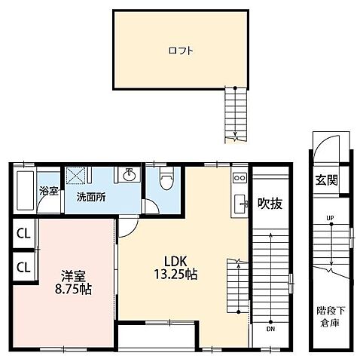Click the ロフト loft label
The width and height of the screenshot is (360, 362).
(181, 51)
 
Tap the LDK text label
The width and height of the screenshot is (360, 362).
(175, 262)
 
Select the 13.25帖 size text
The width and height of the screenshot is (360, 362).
(175, 275)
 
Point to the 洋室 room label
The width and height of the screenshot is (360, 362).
(73, 276)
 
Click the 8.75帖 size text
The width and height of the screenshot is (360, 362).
(73, 290)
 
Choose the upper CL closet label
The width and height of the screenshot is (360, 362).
(23, 234)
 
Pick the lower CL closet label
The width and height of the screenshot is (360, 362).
(23, 268)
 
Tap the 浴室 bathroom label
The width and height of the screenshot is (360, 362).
(49, 192)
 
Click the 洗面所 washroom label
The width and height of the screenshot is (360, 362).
(91, 198)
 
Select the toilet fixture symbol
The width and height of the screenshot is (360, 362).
(166, 178)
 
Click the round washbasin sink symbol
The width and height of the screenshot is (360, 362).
(130, 173)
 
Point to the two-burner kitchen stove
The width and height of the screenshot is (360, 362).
(239, 178)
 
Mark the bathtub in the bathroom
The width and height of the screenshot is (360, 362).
(26, 190)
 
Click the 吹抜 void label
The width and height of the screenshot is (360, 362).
(270, 203)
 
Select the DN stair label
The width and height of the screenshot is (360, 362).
(270, 329)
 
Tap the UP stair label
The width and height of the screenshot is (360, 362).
(330, 218)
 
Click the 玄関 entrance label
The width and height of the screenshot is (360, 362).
(327, 180)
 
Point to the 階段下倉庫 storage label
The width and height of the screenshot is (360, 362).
(330, 317)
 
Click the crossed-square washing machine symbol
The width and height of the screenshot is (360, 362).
(75, 175)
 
